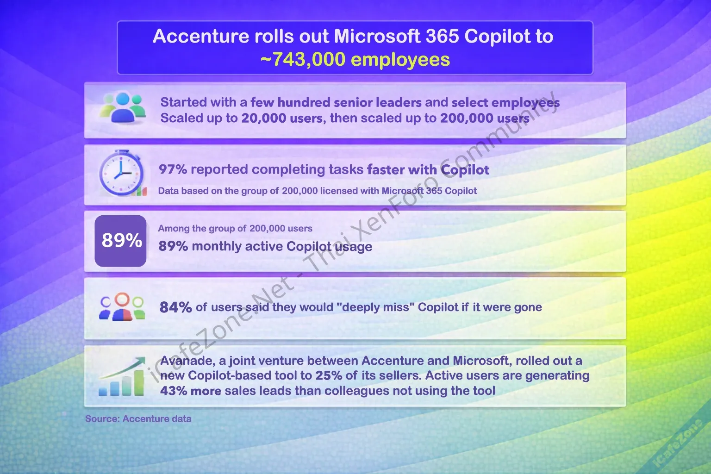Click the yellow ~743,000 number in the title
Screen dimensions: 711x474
302,59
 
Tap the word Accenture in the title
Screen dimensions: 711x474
200,36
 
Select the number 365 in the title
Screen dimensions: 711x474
442,36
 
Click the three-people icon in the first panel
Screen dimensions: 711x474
123,108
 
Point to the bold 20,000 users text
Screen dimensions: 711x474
281,118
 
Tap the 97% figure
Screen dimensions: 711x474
173,169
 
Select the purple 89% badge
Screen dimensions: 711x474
121,241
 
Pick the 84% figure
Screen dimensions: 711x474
175,307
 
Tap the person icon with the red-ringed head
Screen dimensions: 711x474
122,307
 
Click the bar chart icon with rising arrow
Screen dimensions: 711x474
122,376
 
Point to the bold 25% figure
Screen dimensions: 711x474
329,375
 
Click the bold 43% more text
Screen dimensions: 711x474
190,391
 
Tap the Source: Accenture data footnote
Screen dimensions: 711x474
138,419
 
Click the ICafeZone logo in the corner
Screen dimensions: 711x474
678,443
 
